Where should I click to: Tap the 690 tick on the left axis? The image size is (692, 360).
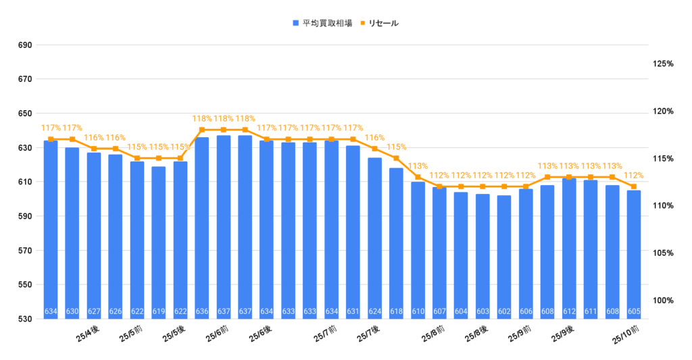coord(25,45)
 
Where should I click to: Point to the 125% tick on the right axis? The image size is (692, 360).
coord(663,63)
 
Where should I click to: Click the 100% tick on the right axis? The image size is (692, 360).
coord(663,300)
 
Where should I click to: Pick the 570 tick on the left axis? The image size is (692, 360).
coord(25,251)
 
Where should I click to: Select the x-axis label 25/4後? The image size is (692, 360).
coord(88,335)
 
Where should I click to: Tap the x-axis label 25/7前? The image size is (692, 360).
coord(326,335)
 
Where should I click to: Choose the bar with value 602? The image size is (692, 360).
coord(504,257)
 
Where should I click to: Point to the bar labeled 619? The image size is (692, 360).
coord(159,242)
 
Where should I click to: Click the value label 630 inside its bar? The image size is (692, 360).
coord(72,312)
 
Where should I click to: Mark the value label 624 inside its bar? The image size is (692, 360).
coord(374,312)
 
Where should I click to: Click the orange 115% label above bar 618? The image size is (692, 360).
coord(396,147)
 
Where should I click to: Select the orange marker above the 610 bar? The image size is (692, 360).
coord(418,177)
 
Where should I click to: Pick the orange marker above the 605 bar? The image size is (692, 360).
coord(634,186)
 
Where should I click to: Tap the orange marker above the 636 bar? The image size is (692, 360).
coord(202,130)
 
